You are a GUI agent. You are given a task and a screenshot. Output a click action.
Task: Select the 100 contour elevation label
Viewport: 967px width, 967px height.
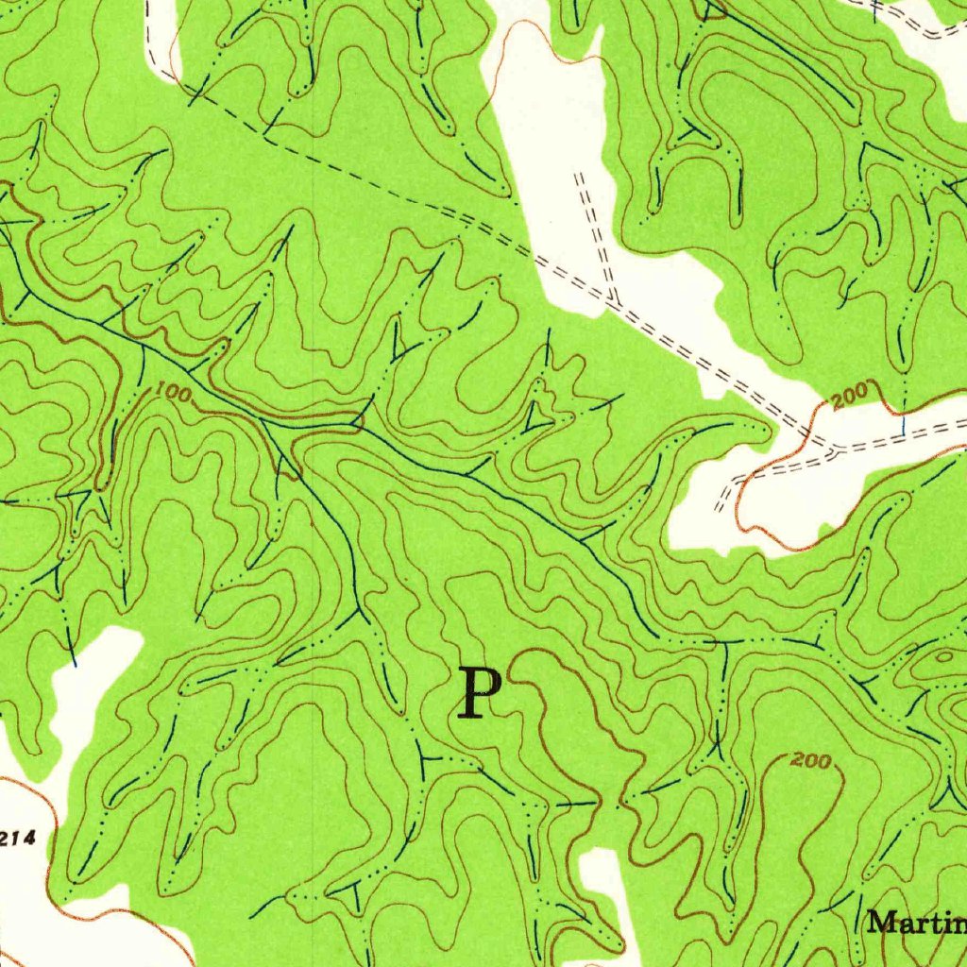[170, 390]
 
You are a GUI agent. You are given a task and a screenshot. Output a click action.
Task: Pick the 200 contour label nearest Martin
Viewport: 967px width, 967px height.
[812, 759]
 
